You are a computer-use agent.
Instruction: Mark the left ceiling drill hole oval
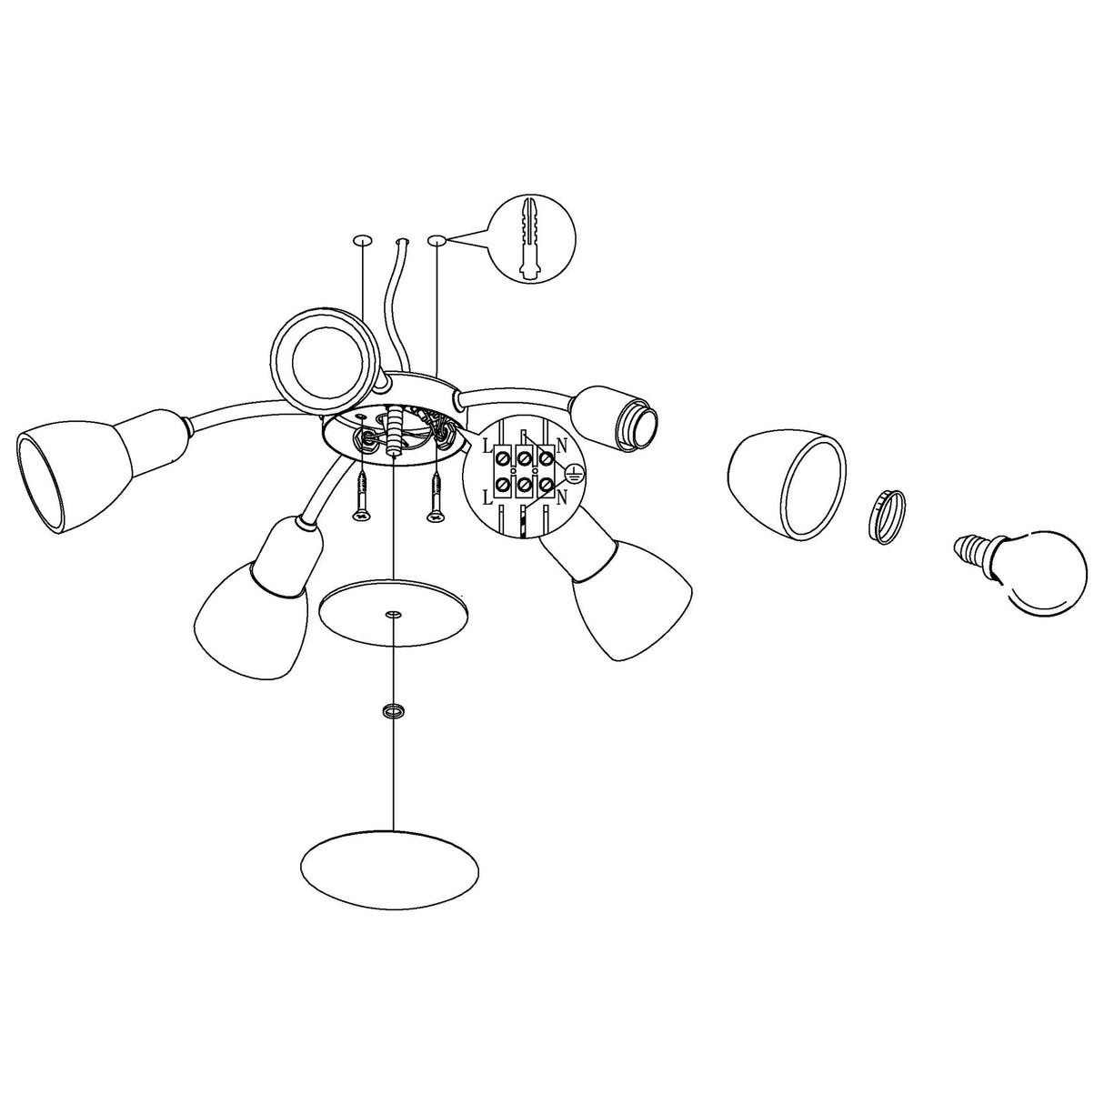click(x=362, y=238)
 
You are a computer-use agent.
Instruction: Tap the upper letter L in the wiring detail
click(x=487, y=446)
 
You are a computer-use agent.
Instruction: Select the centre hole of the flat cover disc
click(x=393, y=616)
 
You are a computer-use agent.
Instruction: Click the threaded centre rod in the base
click(x=393, y=433)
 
